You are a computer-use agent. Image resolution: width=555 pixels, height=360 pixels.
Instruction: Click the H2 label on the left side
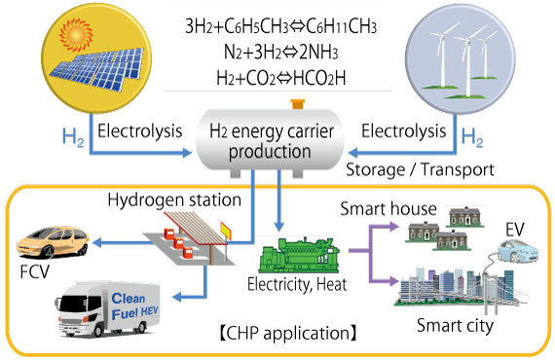tap(72, 138)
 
